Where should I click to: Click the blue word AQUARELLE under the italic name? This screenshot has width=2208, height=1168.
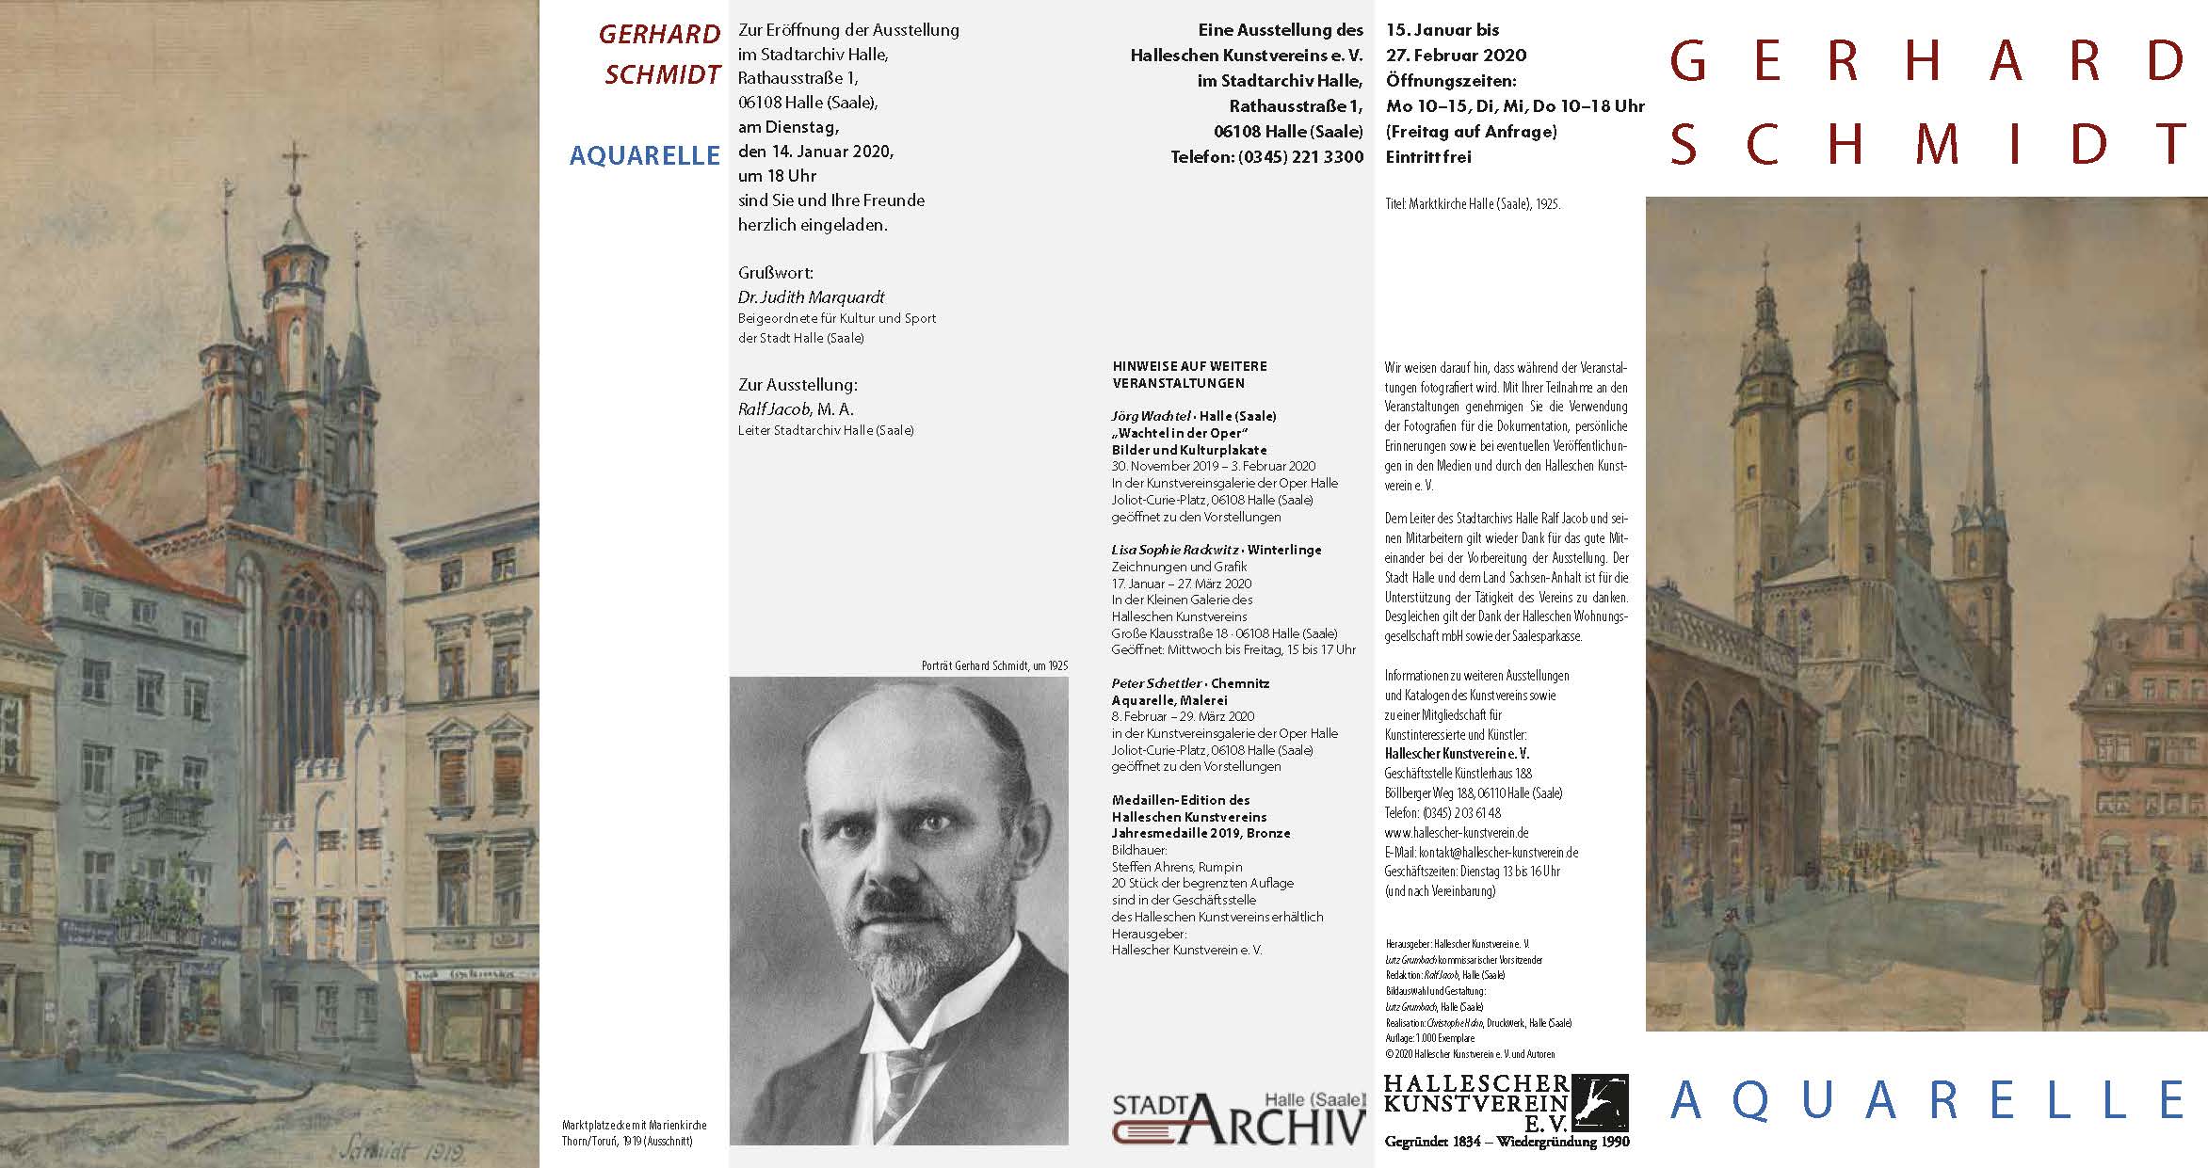(644, 155)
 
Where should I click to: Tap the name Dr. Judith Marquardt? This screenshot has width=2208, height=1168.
(812, 297)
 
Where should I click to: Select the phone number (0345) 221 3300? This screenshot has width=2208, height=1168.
(1267, 157)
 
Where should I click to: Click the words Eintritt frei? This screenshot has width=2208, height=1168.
(1427, 157)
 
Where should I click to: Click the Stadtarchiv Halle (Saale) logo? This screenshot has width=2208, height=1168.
(1238, 1118)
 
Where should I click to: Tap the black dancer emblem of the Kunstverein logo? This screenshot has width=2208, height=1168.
(1600, 1102)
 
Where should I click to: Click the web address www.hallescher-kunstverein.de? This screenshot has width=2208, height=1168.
(1457, 833)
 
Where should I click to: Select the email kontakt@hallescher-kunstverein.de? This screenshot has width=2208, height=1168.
(1481, 853)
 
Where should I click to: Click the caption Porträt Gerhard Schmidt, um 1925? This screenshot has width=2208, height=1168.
(994, 666)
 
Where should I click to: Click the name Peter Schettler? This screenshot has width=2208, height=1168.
(1155, 683)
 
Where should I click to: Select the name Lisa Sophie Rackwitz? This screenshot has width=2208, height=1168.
(1174, 550)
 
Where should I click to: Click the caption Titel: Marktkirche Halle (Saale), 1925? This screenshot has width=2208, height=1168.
(1473, 203)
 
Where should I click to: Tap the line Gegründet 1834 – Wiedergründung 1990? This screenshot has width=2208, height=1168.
(1507, 1143)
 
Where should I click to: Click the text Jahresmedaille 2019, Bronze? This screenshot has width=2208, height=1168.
(1201, 833)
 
